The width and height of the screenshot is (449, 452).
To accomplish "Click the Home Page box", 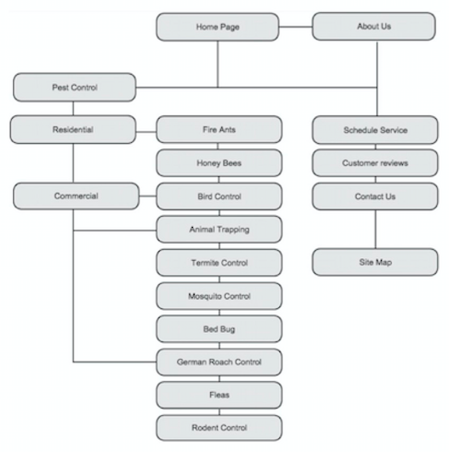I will pos(218,27).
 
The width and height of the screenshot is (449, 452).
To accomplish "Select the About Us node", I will pos(373,27).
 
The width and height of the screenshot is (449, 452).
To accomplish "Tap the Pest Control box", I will pos(75,89).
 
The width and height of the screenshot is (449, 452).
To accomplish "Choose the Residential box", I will pos(73,130).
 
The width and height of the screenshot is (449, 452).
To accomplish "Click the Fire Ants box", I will pos(219,130).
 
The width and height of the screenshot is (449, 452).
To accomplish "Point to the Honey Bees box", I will pos(219,163).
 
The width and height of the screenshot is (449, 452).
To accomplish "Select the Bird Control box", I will pos(219,196).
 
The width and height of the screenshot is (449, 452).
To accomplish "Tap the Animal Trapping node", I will pos(219,230).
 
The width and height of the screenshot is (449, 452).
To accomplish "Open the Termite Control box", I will pos(219,263).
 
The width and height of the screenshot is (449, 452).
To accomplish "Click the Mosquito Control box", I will pos(219,296).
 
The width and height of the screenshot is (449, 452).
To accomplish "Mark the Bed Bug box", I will pos(219,328).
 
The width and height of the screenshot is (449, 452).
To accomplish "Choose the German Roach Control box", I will pos(219,363).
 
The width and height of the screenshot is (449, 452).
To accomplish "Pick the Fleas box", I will pos(219,395).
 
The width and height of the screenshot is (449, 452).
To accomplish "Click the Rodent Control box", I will pos(219,428).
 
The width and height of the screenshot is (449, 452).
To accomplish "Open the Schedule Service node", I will pos(374,130).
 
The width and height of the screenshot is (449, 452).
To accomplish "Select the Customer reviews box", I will pos(374,163).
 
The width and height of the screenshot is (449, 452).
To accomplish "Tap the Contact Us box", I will pos(374,196).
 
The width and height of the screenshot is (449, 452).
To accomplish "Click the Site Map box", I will pos(374,262).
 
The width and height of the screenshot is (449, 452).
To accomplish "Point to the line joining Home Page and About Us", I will pos(295,27).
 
